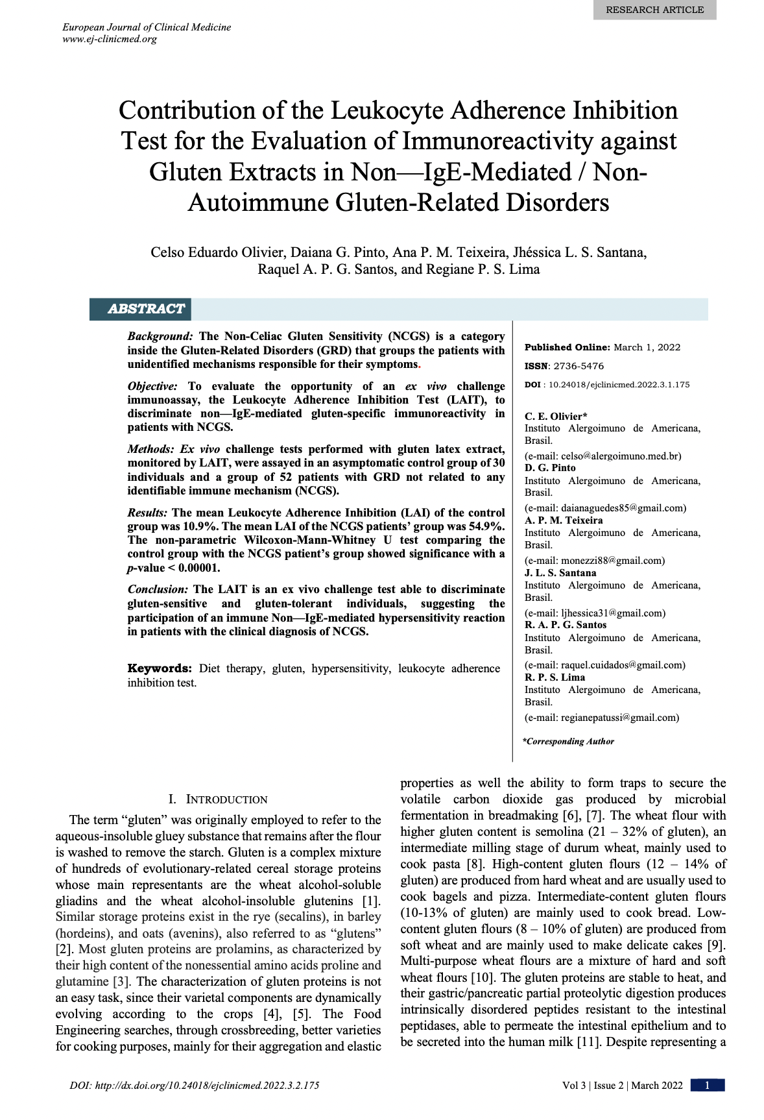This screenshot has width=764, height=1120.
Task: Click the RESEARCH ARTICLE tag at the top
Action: pyautogui.click(x=654, y=10)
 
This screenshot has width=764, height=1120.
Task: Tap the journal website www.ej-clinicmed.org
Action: pyautogui.click(x=110, y=39)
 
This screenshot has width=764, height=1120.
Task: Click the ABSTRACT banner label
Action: pyautogui.click(x=146, y=309)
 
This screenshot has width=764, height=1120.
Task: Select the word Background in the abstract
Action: pyautogui.click(x=159, y=336)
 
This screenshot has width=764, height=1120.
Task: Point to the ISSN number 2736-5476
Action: pyautogui.click(x=579, y=366)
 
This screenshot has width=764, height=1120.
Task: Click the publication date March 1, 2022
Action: pyautogui.click(x=647, y=347)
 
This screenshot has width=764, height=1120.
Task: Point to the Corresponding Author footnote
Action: pyautogui.click(x=568, y=741)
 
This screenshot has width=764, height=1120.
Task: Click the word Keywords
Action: pyautogui.click(x=160, y=668)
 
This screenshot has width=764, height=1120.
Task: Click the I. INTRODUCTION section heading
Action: pyautogui.click(x=218, y=799)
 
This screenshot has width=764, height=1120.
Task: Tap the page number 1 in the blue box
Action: pyautogui.click(x=707, y=1085)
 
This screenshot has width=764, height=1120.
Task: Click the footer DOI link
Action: pyautogui.click(x=195, y=1085)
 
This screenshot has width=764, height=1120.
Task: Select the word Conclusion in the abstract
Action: pyautogui.click(x=158, y=589)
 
